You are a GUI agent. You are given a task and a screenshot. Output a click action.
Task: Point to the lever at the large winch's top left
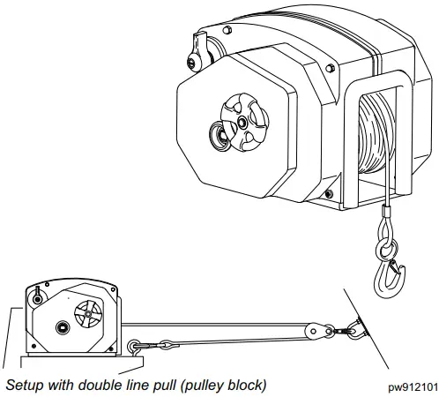[201, 48]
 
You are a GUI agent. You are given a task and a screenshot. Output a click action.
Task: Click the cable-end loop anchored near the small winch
[135, 346]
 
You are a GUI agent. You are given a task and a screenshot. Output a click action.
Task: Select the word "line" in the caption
[133, 385]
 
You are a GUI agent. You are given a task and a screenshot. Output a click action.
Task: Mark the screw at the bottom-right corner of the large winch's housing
[327, 192]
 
